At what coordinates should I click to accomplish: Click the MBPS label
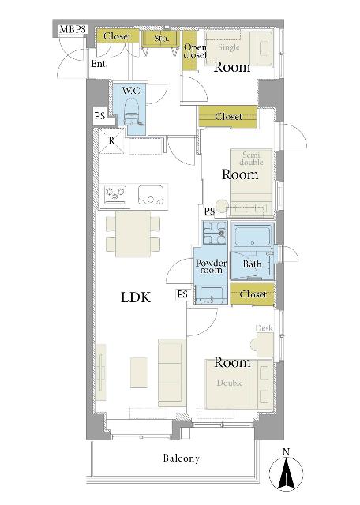(x=73, y=30)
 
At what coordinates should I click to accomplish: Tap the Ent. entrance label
(x=99, y=64)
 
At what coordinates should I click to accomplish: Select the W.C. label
(x=132, y=91)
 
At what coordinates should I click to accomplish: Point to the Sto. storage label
(x=161, y=39)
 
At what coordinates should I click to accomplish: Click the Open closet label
(x=195, y=51)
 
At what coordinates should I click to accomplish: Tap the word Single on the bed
(x=229, y=47)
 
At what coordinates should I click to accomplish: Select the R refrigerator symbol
(x=111, y=140)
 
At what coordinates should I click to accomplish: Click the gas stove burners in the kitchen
(x=114, y=193)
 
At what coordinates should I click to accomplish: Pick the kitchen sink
(x=151, y=195)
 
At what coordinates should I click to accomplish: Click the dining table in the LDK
(x=133, y=234)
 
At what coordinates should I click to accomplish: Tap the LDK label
(x=136, y=297)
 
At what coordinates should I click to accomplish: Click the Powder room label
(x=211, y=267)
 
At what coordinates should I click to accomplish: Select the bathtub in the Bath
(x=253, y=236)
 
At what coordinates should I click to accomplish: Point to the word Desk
(x=264, y=328)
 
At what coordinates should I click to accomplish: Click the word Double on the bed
(x=230, y=383)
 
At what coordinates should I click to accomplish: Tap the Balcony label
(x=181, y=458)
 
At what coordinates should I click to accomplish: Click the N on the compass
(x=286, y=452)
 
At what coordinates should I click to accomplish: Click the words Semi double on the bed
(x=252, y=159)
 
